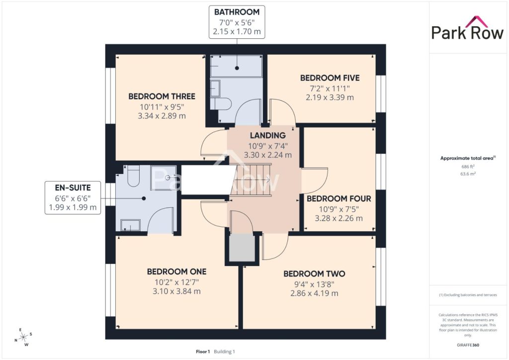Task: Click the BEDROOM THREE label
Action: point(162,96)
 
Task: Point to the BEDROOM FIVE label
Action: point(330,78)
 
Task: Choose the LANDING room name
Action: point(268,135)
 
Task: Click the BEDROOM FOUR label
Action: point(339,199)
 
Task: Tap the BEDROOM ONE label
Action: point(176,271)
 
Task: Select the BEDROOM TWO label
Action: point(314,273)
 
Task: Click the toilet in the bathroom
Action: point(220,104)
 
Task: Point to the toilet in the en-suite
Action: point(133,176)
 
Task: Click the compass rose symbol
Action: point(23,338)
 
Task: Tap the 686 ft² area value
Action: point(468,167)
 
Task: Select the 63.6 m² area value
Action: point(468,174)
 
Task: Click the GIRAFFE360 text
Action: point(468,345)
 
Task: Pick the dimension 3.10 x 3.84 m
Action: point(176,291)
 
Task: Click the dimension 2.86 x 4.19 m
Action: point(314,293)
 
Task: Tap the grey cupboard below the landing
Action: point(242,247)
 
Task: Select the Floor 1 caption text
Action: point(203,352)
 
